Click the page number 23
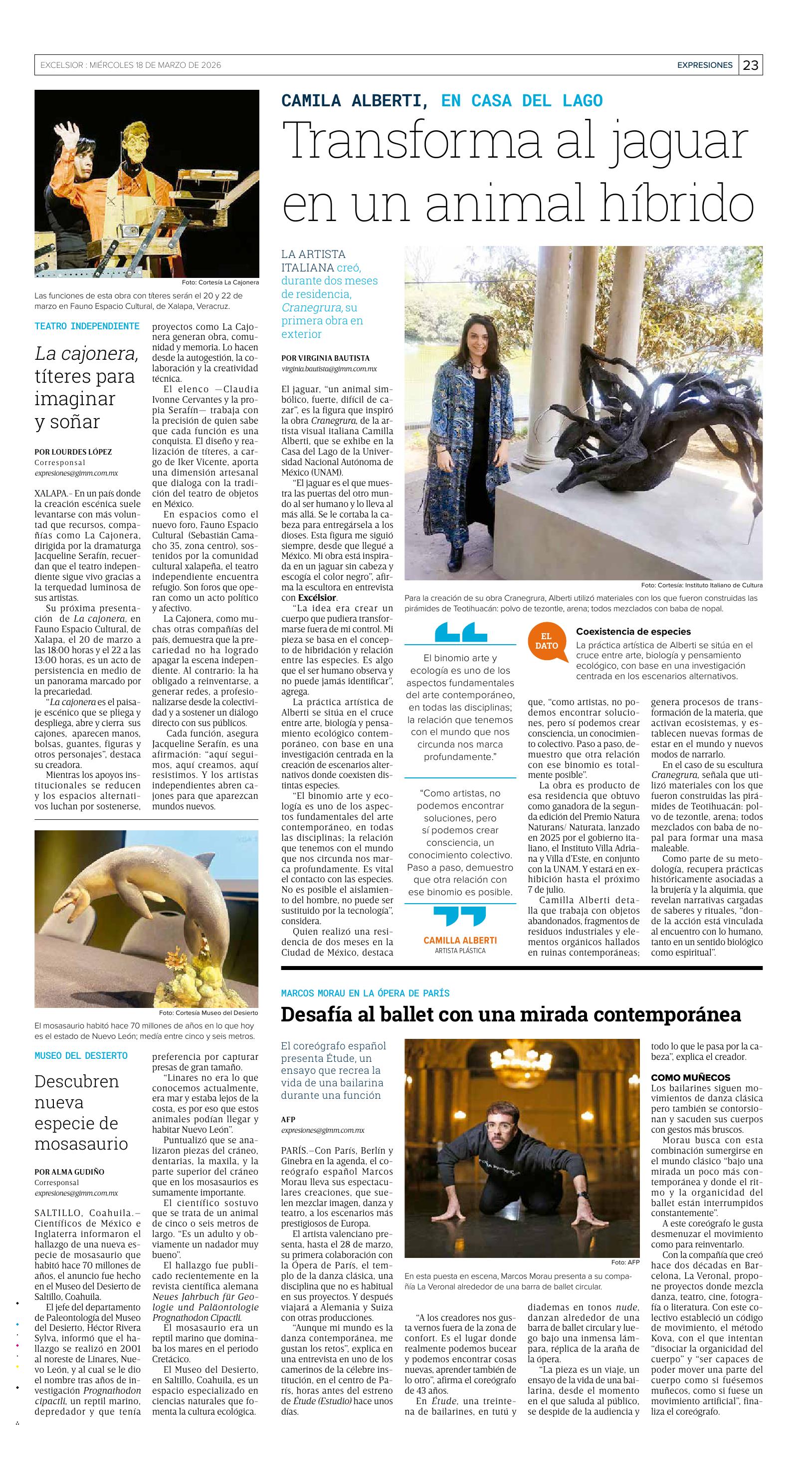(751, 65)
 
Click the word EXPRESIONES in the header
(705, 65)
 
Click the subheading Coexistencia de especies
(633, 631)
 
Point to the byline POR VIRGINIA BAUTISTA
(325, 358)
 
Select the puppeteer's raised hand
(72, 135)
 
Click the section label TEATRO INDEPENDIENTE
(87, 326)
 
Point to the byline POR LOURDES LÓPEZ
(73, 452)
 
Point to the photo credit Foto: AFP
(625, 1262)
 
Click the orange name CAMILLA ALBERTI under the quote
(460, 940)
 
